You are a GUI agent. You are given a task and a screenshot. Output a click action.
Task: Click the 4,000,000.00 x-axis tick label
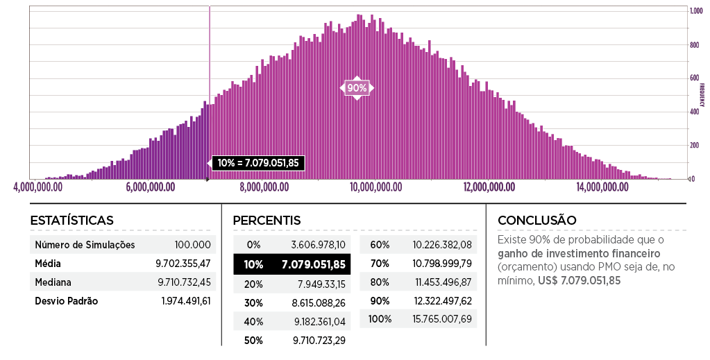(37, 187)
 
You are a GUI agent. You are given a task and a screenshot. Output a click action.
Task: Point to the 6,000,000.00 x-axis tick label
(152, 187)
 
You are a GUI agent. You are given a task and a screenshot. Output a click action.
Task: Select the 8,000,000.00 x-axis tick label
(264, 187)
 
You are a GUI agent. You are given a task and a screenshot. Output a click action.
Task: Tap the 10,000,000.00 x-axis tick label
(378, 187)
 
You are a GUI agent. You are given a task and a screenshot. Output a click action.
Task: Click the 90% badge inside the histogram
(357, 88)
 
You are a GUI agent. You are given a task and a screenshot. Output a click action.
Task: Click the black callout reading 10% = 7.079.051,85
(258, 163)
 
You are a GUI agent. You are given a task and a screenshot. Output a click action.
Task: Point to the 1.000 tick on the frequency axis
(694, 12)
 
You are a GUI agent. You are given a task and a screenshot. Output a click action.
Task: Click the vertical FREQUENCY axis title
(702, 94)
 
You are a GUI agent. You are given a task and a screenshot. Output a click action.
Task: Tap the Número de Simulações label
(85, 245)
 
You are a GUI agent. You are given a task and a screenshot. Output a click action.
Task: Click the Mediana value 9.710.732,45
(184, 282)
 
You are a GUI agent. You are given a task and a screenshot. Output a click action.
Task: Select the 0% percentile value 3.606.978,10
(321, 245)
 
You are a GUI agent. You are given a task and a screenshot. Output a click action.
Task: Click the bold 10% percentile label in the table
(253, 264)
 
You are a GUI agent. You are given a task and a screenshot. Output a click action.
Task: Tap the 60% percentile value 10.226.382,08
(442, 245)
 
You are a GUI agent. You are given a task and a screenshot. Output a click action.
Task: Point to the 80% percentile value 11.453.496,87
(442, 282)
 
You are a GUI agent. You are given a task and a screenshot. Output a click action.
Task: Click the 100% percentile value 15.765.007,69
(442, 319)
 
